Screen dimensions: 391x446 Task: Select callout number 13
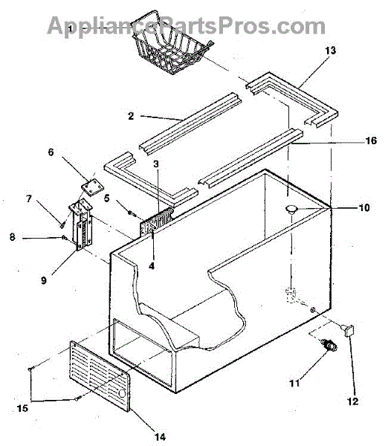tap(331, 51)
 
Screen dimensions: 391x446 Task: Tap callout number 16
tap(371, 140)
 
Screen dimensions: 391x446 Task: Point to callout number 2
tap(131, 116)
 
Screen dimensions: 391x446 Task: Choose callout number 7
tap(29, 198)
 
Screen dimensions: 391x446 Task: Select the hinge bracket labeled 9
tap(81, 224)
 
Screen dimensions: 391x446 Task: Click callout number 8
tap(12, 237)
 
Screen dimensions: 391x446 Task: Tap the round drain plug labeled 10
tap(291, 210)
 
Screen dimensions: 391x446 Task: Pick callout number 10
tap(364, 208)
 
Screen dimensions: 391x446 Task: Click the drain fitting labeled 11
tap(329, 344)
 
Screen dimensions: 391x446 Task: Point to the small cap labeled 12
tap(349, 331)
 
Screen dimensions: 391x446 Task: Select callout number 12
tap(352, 401)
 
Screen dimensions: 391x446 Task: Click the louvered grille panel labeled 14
tap(100, 376)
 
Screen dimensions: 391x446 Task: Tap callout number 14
tap(160, 437)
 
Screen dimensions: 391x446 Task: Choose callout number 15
tap(22, 408)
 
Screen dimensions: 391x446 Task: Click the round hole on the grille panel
tap(122, 394)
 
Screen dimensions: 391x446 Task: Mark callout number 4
tap(152, 266)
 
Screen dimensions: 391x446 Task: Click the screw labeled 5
tap(132, 213)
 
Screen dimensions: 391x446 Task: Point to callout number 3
tap(156, 164)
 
